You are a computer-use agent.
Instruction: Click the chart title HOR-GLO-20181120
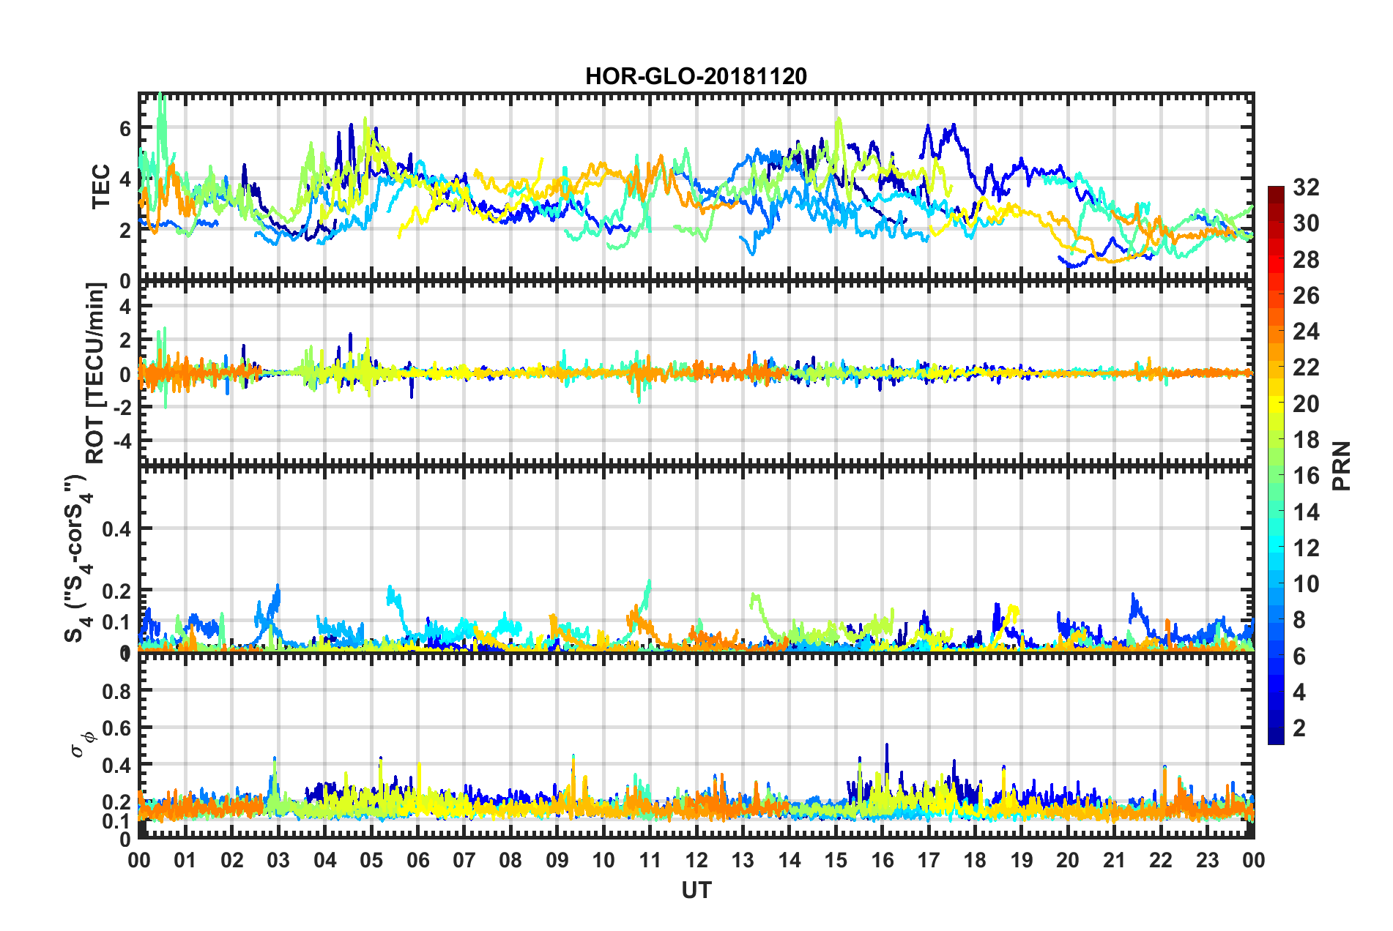[x=696, y=76]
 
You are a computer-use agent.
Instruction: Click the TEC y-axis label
[x=100, y=187]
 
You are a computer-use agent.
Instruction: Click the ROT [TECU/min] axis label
[x=95, y=373]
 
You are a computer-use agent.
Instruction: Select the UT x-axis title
[x=696, y=890]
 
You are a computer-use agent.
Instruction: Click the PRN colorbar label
[x=1342, y=466]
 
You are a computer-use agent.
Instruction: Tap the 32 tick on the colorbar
[x=1306, y=187]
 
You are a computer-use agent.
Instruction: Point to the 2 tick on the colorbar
[x=1299, y=728]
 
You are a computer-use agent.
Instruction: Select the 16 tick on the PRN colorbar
[x=1306, y=476]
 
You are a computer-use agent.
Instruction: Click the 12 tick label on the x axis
[x=696, y=860]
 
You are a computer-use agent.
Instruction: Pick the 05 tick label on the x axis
[x=371, y=860]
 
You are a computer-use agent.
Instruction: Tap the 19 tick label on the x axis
[x=1022, y=860]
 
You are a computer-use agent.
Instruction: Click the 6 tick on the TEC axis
[x=125, y=129]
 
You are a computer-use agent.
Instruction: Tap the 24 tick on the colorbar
[x=1306, y=332]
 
